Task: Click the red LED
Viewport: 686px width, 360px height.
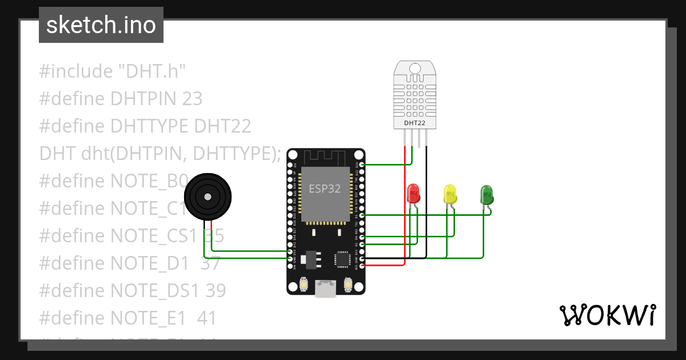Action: (x=413, y=194)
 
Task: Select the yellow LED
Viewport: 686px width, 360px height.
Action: (x=450, y=194)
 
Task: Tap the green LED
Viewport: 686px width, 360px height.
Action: (x=486, y=194)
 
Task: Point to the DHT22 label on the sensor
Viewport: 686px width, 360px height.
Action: (x=416, y=122)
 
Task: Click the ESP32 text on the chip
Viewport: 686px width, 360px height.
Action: (x=325, y=189)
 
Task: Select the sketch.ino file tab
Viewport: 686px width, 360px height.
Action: (x=101, y=25)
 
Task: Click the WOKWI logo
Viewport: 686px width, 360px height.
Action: (x=607, y=315)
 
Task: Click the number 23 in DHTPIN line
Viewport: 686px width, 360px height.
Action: (x=192, y=99)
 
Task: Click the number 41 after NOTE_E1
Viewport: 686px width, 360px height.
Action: (x=206, y=318)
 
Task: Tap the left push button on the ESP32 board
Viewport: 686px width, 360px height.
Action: (x=304, y=284)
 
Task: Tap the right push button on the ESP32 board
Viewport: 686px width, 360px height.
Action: (x=348, y=284)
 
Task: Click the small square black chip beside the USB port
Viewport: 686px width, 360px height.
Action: (x=342, y=259)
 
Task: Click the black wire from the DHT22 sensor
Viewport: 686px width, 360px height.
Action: (x=426, y=200)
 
